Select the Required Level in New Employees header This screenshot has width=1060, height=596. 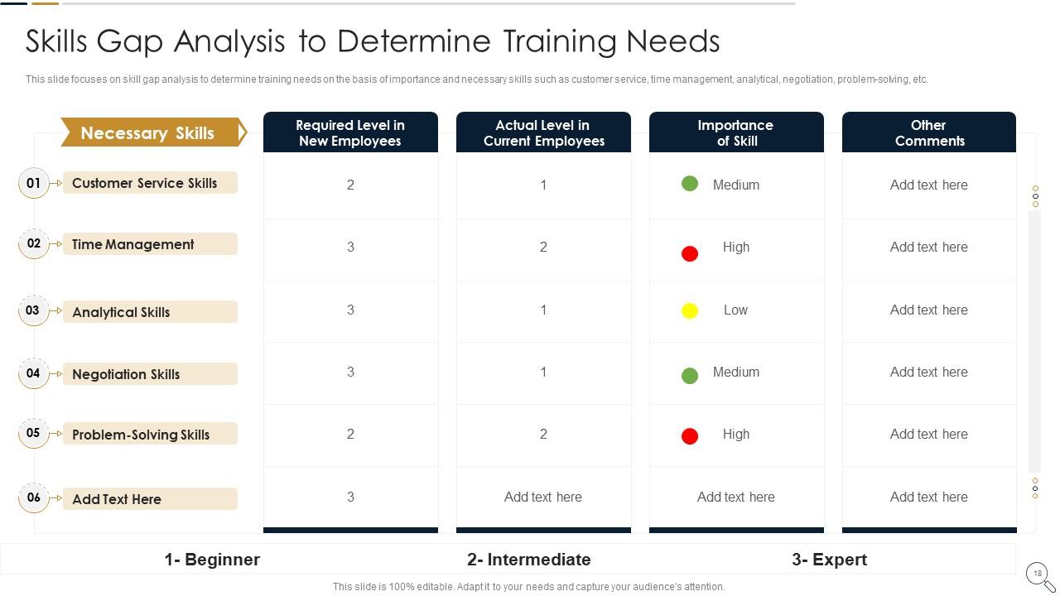tap(350, 132)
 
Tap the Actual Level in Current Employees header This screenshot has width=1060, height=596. tap(543, 132)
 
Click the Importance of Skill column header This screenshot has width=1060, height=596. tap(735, 132)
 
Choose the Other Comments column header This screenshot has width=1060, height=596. tap(928, 132)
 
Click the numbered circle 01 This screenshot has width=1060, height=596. tap(33, 183)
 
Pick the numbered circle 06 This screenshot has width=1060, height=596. tap(33, 497)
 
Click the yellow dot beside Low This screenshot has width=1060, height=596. tap(689, 311)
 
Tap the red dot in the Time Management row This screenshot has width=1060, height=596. tap(689, 253)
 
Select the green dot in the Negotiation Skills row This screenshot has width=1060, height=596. tap(689, 376)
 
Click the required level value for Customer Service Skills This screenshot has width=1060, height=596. tap(350, 185)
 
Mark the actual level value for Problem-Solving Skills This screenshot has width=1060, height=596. tap(543, 434)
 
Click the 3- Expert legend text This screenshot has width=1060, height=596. tap(829, 560)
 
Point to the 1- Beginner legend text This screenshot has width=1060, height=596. tap(212, 560)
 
